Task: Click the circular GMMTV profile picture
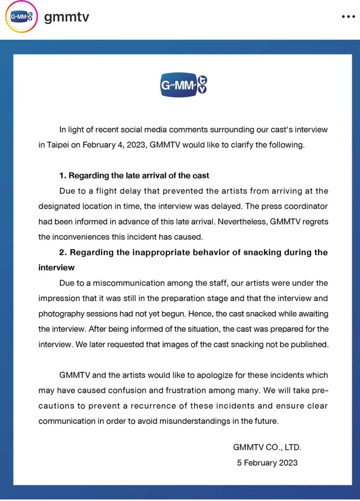(21, 17)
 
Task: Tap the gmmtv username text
(67, 17)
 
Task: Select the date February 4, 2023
(115, 145)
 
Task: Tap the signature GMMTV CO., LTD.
(267, 447)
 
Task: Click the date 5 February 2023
(267, 463)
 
